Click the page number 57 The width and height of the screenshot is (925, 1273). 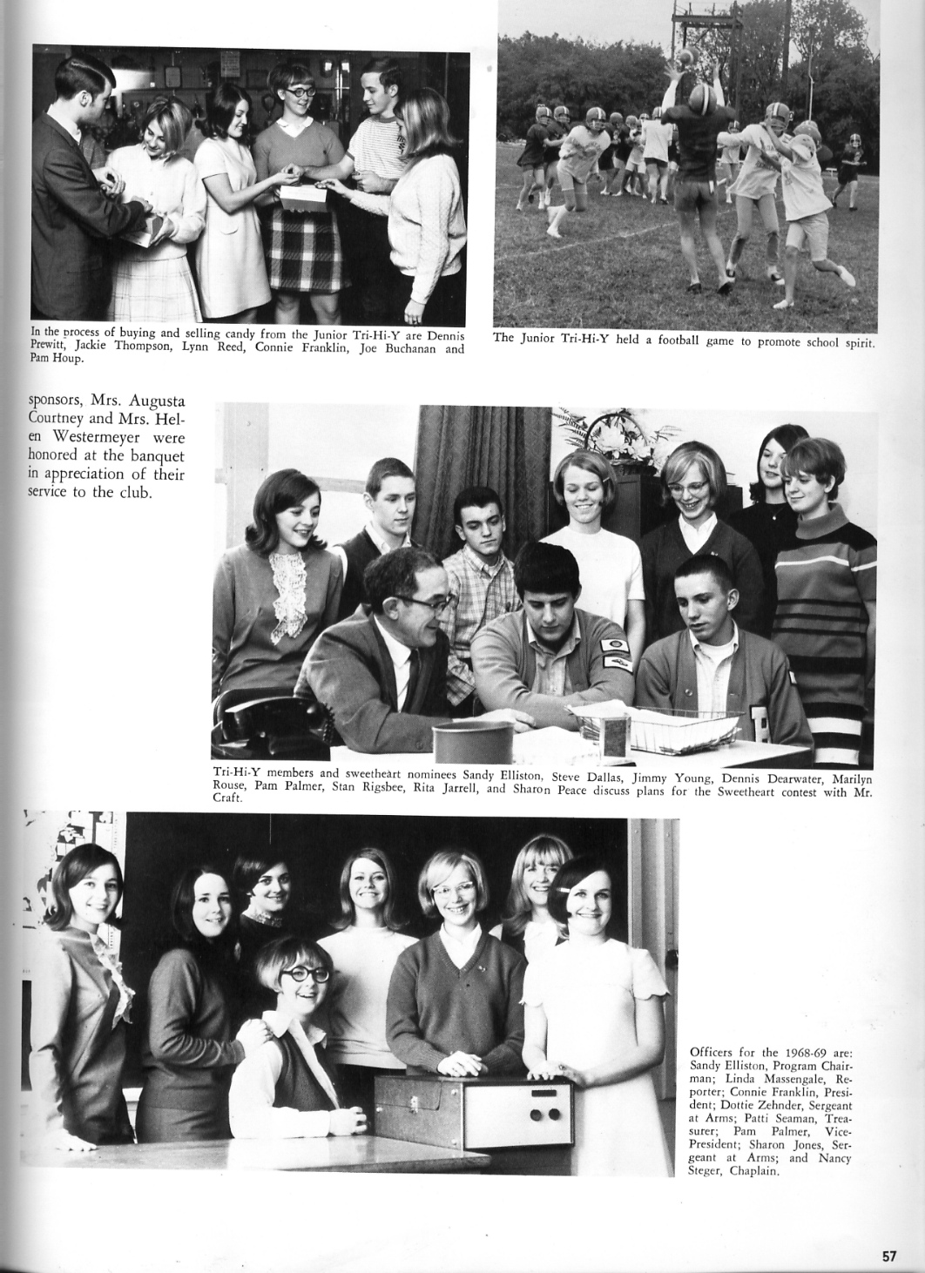click(x=888, y=1256)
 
